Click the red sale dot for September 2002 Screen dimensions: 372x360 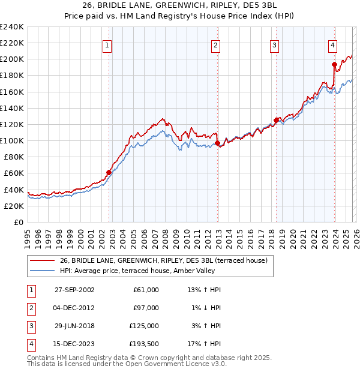pos(109,172)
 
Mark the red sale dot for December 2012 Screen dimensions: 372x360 pos(217,143)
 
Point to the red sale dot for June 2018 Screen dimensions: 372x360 pos(276,120)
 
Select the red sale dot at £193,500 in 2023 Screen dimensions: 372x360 pos(334,64)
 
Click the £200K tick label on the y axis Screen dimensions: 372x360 pos(12,59)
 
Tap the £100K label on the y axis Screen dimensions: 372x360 pos(12,140)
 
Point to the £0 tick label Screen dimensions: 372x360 pos(17,222)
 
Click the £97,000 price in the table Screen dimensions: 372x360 pos(146,308)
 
